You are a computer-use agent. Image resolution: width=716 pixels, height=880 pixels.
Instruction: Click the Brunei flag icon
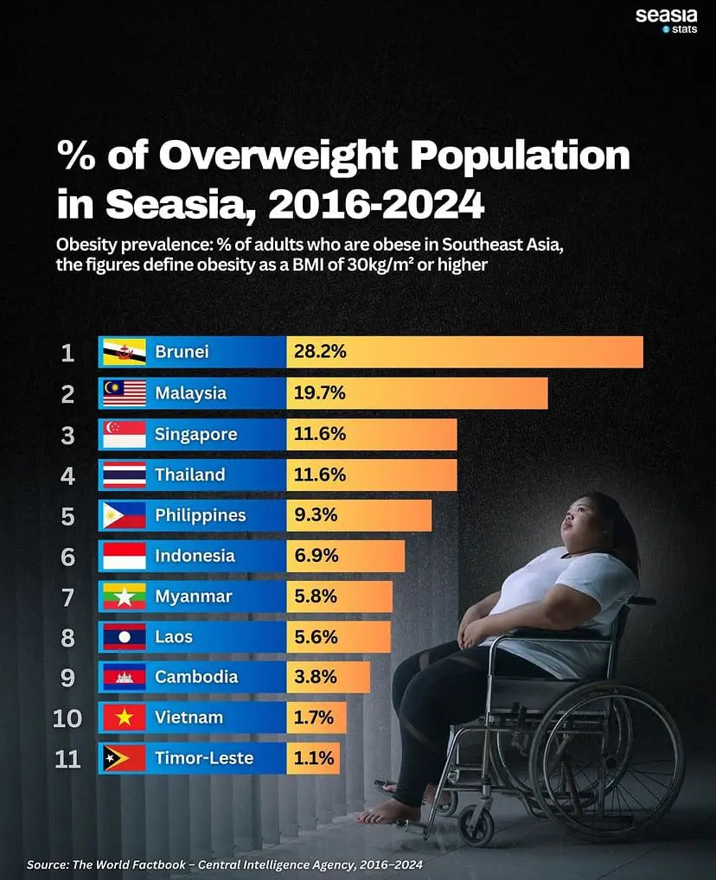[x=124, y=353]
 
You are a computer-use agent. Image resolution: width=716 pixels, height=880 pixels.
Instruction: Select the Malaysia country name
[x=190, y=393]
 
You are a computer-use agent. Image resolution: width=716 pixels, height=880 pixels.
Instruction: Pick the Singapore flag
[x=124, y=434]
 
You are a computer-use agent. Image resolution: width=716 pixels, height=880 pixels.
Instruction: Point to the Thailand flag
[x=124, y=475]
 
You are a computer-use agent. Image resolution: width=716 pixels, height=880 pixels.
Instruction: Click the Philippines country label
[x=200, y=515]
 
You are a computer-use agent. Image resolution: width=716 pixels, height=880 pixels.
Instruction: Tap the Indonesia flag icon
[x=124, y=556]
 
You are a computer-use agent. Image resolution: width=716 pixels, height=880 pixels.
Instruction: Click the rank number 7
[x=68, y=596]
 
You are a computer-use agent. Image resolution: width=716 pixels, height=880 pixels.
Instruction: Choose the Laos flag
[x=124, y=637]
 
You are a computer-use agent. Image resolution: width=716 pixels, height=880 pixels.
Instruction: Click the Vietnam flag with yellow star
[x=124, y=717]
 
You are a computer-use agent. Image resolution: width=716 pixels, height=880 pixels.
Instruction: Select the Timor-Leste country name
[x=204, y=758]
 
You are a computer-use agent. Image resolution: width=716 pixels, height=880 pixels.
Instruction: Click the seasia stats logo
[x=666, y=20]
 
